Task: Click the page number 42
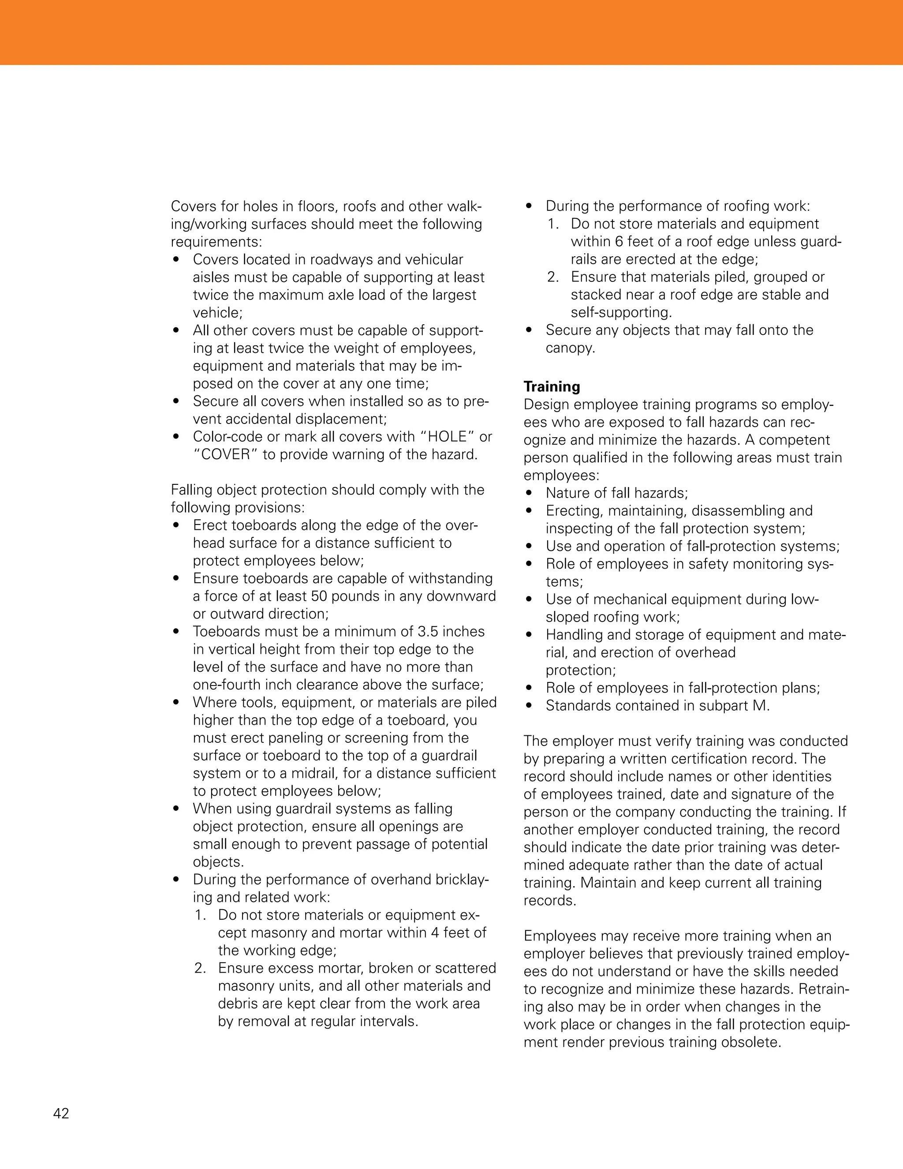coord(61,1113)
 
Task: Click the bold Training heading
coord(552,386)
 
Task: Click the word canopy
coord(569,348)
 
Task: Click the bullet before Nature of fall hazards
coord(529,493)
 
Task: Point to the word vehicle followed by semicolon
coord(216,313)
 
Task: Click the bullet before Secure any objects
coord(529,330)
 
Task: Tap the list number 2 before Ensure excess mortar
coord(200,968)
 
